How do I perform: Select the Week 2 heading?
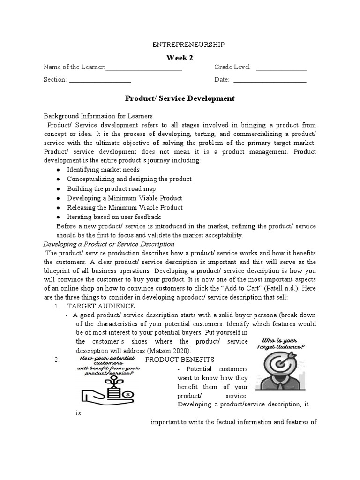[180, 58]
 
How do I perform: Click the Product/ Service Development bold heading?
[180, 98]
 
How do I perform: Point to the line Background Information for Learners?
[98, 116]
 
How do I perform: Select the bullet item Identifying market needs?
[103, 169]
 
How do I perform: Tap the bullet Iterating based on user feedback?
[114, 217]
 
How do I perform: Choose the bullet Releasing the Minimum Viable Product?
[125, 207]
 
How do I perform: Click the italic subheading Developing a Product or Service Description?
[109, 244]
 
